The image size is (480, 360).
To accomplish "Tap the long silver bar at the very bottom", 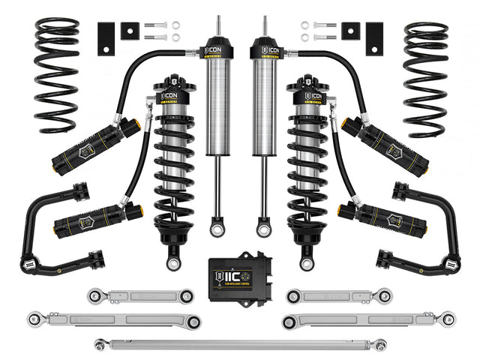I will [x=240, y=344].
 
